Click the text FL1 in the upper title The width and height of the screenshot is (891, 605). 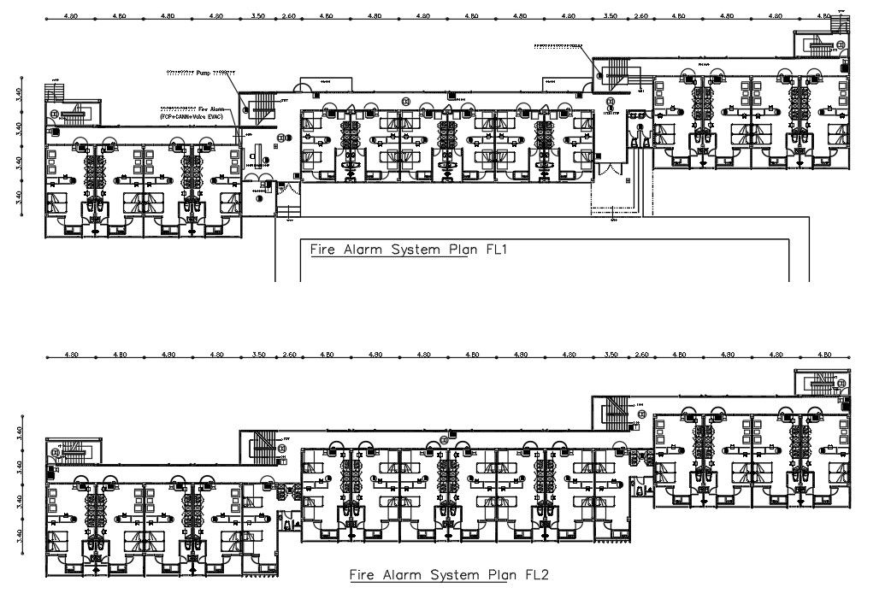[x=494, y=250]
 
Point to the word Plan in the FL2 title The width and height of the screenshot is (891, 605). [x=495, y=575]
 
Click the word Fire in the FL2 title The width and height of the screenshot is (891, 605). [x=363, y=575]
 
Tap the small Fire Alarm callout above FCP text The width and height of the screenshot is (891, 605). [x=196, y=109]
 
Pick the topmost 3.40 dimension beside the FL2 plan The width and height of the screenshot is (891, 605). [x=18, y=433]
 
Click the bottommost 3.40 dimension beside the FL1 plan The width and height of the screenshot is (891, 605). [x=18, y=197]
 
